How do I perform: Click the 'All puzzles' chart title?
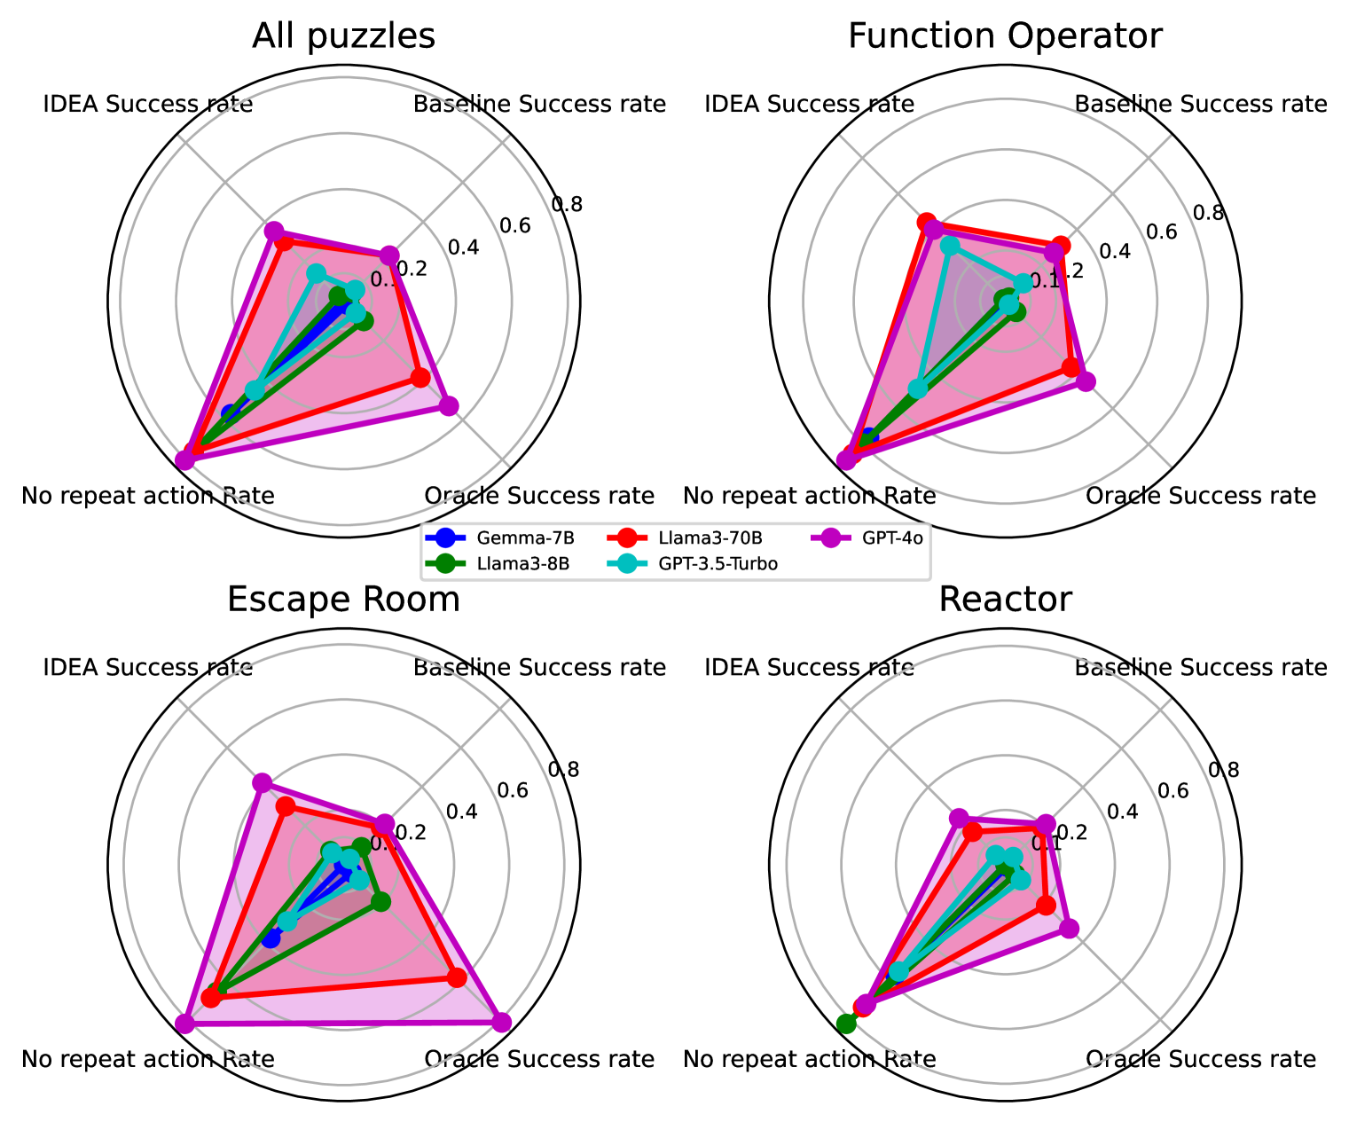(x=343, y=36)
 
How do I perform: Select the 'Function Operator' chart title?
(x=1005, y=36)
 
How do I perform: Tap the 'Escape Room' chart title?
(x=343, y=600)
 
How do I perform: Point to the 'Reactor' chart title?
(x=1005, y=600)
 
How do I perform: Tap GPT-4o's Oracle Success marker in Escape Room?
(x=501, y=1022)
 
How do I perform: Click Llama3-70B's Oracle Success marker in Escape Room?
(x=456, y=977)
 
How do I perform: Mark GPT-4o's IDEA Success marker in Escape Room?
(x=261, y=782)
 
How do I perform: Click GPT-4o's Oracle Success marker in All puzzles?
(x=449, y=406)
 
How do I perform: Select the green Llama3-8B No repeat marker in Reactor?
(x=846, y=1024)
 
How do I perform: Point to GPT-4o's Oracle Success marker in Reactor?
(x=1069, y=928)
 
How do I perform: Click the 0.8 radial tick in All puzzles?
(x=567, y=205)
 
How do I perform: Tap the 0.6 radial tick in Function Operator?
(x=1160, y=232)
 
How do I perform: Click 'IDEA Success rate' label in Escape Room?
(x=148, y=667)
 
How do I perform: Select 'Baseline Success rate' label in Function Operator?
(x=1200, y=104)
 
